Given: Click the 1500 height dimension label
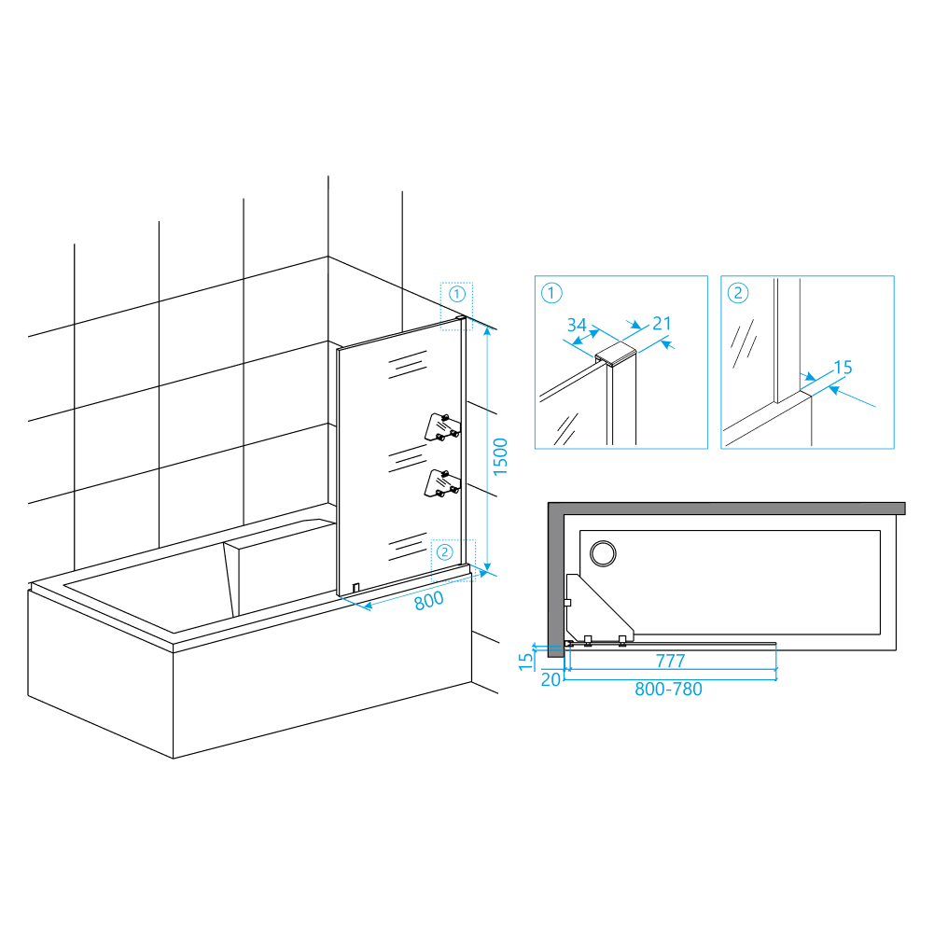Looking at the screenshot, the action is click(500, 457).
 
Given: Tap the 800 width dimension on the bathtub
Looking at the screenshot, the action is click(429, 601).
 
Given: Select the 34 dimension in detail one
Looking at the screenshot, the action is click(577, 325).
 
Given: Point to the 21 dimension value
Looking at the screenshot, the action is click(662, 324).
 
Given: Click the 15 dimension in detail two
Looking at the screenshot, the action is click(843, 368).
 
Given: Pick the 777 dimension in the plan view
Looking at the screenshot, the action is click(670, 661).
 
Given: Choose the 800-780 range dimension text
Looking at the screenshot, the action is click(668, 689).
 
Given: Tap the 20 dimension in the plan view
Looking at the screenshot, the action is click(551, 679).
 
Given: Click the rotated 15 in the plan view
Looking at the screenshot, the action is click(526, 662).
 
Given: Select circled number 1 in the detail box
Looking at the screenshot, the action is click(551, 293).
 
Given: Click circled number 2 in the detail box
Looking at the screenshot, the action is click(738, 293).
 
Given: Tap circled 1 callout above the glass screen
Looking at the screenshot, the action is click(457, 294).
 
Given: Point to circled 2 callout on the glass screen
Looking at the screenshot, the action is click(445, 552).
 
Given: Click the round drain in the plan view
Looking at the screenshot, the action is click(603, 553).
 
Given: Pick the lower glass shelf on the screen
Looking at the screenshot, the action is click(442, 483).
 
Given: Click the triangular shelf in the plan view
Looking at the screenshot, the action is click(599, 607).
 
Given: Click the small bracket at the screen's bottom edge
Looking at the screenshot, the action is click(355, 588).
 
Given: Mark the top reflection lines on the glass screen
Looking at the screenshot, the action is click(408, 365).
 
